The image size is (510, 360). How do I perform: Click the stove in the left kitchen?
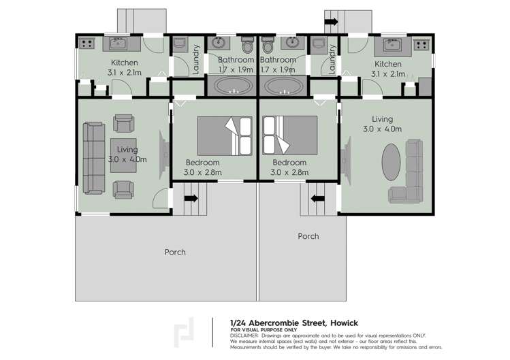pyautogui.click(x=86, y=44)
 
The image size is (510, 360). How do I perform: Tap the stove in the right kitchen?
pyautogui.click(x=421, y=46)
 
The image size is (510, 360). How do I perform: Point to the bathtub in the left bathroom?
pyautogui.click(x=232, y=86)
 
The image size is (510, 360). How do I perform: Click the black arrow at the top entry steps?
pyautogui.click(x=331, y=22)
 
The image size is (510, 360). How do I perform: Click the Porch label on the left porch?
pyautogui.click(x=175, y=252)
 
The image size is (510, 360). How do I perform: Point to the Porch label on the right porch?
pyautogui.click(x=308, y=236)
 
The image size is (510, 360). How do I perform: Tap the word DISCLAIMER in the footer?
pyautogui.click(x=244, y=336)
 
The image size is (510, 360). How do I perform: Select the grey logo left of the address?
pyautogui.click(x=184, y=331)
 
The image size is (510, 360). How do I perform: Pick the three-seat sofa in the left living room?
pyautogui.click(x=92, y=157)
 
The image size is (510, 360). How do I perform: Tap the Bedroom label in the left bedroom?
pyautogui.click(x=202, y=163)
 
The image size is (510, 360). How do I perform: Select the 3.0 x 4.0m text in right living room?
pyautogui.click(x=382, y=129)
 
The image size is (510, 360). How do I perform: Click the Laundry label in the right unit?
pyautogui.click(x=332, y=59)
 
